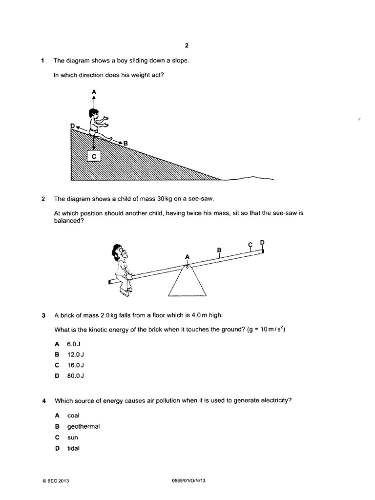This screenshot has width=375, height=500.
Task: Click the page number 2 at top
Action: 187,45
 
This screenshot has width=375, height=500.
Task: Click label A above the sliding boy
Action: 93,91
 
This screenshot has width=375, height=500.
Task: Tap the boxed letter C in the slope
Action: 93,156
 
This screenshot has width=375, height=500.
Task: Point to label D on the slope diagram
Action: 73,126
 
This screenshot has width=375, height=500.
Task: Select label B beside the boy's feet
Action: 125,143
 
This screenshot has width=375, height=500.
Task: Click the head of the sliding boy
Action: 93,113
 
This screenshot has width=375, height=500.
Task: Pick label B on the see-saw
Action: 219,250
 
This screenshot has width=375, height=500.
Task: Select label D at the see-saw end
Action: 263,242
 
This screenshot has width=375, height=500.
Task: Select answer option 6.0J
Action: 74,344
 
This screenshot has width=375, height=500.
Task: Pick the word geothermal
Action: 83,426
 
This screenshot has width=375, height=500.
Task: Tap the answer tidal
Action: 74,448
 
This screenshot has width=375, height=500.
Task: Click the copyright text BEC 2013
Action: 57,481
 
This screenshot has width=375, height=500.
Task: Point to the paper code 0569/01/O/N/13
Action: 186,481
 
